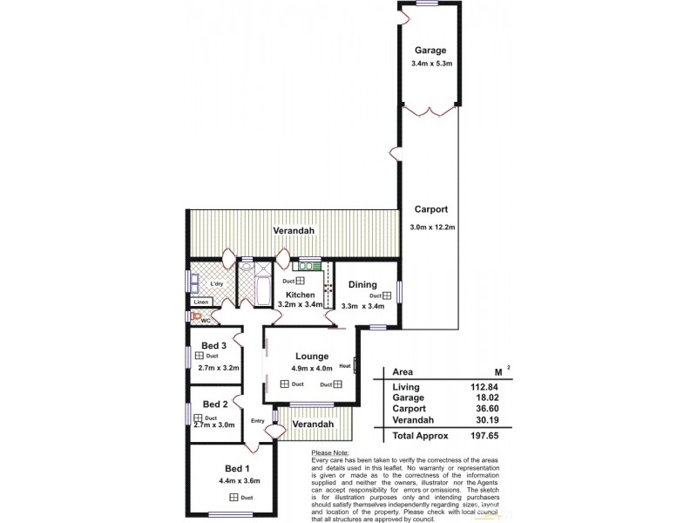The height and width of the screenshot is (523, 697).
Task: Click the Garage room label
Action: point(430,51)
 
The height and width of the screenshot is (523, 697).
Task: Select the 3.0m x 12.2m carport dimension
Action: point(432,228)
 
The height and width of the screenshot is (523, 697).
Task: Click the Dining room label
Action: point(362,284)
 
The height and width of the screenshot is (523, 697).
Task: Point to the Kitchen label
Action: point(299,295)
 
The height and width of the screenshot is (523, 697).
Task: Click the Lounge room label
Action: point(311,356)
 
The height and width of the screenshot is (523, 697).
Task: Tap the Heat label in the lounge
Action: point(345,365)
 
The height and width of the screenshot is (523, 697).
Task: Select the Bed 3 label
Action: point(214,346)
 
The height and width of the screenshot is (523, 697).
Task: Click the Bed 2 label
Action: point(214,404)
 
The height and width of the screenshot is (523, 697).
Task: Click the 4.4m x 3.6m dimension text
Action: point(240,479)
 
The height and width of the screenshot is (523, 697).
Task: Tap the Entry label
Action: point(257,421)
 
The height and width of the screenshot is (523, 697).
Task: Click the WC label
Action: point(206,321)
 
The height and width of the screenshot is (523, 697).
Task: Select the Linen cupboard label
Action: point(201,302)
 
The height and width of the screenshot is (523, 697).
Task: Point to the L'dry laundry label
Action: point(216,284)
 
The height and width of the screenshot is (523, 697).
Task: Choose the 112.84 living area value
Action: point(492,387)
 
